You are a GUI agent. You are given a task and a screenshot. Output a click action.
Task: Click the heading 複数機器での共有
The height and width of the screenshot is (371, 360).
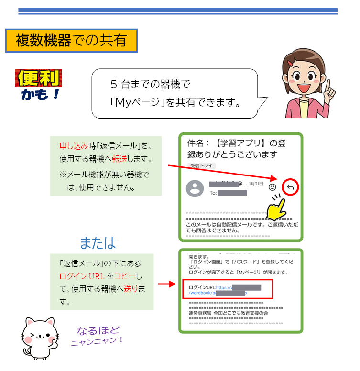coord(71,41)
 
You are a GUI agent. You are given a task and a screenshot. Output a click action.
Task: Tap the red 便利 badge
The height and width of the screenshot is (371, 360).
coord(38,77)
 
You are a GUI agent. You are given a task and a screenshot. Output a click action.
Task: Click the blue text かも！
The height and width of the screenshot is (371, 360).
coord(39,94)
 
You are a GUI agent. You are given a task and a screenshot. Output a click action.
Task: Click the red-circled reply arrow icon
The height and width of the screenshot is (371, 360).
coord(290,187)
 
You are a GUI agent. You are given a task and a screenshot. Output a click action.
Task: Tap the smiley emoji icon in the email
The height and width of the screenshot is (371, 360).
coord(272,187)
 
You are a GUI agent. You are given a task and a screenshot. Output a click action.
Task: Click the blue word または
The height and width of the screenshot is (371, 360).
coord(98,242)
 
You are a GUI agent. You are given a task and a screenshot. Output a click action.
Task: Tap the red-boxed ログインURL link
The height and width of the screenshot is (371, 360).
coord(227,290)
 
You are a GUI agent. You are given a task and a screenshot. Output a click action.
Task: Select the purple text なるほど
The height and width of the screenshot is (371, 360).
coord(98,330)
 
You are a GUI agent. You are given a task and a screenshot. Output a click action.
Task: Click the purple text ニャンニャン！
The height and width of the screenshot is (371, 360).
coord(97,341)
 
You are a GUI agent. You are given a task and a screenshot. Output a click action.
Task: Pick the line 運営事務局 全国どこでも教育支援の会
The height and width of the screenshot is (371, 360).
coord(229,313)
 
